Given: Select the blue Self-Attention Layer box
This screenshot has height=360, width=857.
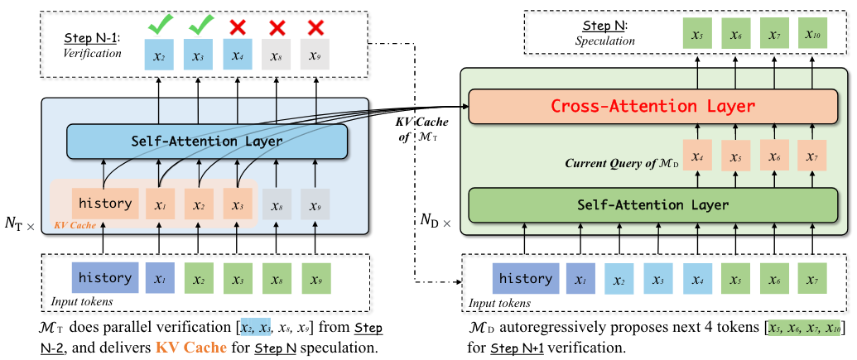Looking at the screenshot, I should click(x=207, y=141).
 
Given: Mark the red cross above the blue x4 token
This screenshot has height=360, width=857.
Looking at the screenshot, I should click(x=237, y=26).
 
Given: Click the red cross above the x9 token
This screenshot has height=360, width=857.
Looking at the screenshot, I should click(x=315, y=26).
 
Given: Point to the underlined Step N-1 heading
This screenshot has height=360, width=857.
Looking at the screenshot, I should click(x=94, y=39).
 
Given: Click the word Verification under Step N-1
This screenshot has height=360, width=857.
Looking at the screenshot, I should click(x=93, y=53).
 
